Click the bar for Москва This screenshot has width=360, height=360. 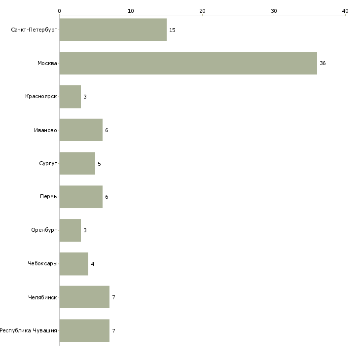(188, 63)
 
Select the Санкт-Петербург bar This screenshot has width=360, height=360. (113, 30)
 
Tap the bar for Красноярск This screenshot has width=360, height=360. (70, 97)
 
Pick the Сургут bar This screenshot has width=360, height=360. (77, 163)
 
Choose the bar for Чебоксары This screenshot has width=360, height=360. (73, 264)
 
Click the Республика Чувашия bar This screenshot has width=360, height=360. (84, 330)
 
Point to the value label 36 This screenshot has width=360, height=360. (323, 63)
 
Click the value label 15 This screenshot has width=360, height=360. (172, 30)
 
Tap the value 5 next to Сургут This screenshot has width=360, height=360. (99, 164)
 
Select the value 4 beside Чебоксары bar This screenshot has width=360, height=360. (93, 264)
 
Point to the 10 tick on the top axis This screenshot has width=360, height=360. (131, 11)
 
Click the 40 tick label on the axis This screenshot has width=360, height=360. (345, 11)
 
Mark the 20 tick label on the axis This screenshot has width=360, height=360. (202, 11)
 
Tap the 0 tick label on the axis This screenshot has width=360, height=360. (60, 11)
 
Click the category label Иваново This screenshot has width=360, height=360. (45, 130)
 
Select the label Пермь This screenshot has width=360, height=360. (48, 197)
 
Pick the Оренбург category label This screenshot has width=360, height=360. (44, 230)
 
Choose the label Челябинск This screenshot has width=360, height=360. (42, 297)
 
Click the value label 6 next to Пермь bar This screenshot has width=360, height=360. (107, 197)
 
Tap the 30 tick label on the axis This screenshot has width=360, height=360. (274, 11)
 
